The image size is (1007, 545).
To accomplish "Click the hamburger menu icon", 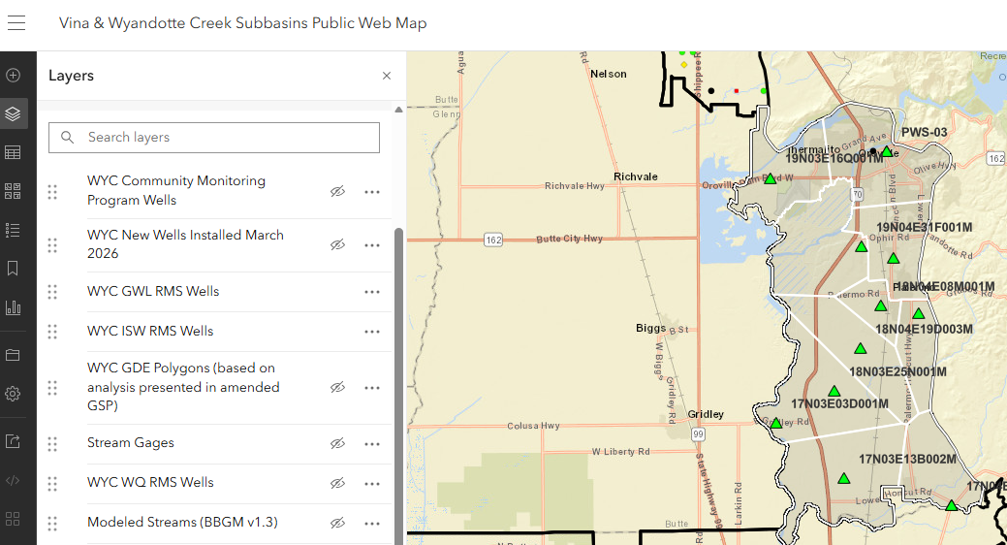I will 16,24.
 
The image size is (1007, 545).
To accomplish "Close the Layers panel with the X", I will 387,76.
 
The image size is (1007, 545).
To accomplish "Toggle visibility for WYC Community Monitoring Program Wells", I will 337,192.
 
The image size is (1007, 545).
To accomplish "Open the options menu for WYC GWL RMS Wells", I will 372,291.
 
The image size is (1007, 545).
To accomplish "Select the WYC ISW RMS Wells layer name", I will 150,331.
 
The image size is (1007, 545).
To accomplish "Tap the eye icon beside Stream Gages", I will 337,443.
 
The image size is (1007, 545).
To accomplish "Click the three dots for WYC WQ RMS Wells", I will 372,483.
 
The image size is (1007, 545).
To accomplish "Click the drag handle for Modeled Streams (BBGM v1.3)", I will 52,523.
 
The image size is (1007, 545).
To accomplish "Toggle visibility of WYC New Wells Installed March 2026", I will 337,245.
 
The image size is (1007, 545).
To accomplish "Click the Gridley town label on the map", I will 706,414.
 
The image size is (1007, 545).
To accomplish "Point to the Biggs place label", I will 650,328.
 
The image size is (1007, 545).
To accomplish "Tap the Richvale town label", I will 636,176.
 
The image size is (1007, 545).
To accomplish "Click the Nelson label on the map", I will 609,74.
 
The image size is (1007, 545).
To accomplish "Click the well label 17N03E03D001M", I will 839,403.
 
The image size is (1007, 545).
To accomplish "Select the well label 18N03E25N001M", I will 897,371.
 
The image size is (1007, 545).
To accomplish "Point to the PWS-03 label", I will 925,132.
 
